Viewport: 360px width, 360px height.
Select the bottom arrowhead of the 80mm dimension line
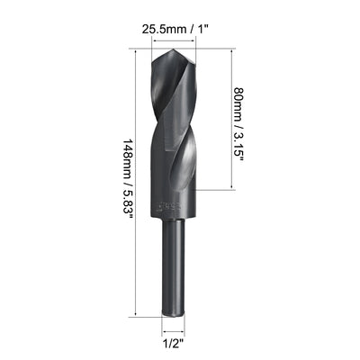tap(237, 190)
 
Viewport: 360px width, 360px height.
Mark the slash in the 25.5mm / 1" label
tap(193, 27)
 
